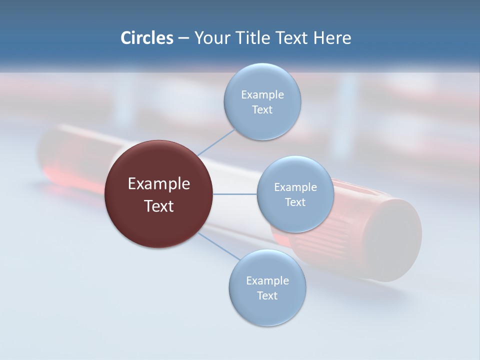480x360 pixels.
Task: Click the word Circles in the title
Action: [146, 38]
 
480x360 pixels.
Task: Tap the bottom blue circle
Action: [267, 312]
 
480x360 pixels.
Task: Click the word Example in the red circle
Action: [158, 184]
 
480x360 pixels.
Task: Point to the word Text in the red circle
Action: [158, 206]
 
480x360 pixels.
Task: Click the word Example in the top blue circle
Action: [262, 95]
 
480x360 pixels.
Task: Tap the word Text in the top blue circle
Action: [262, 110]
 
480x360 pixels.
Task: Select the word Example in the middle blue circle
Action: [295, 187]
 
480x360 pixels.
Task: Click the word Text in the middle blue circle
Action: [295, 202]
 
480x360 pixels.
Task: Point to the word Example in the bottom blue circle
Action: [267, 281]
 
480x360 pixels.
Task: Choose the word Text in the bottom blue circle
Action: [267, 296]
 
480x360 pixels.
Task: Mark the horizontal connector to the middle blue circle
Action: [234, 194]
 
